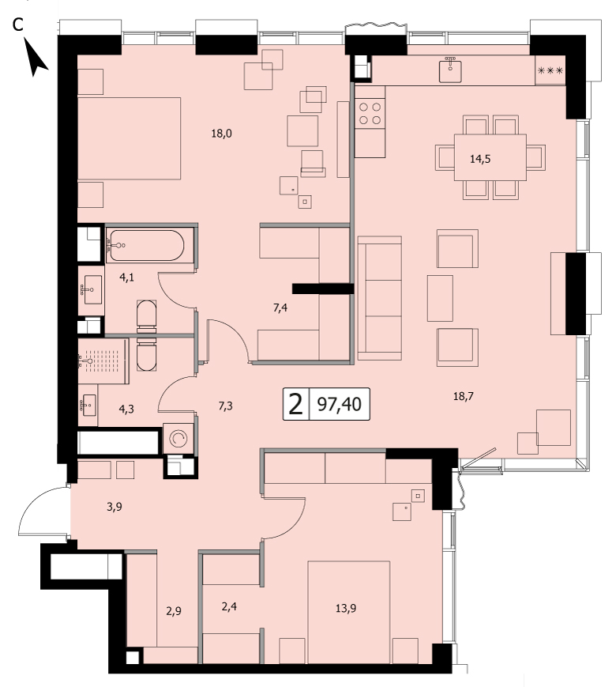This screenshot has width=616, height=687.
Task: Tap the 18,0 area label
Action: (222, 133)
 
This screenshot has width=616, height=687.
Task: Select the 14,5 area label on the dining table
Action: (480, 159)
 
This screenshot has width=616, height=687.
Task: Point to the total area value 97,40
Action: (340, 404)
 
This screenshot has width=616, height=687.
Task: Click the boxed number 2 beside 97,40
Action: (296, 404)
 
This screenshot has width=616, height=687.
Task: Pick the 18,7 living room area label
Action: (464, 396)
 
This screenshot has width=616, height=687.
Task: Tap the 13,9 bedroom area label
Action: (346, 608)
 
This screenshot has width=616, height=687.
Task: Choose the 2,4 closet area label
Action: (229, 606)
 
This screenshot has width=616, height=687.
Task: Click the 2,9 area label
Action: (174, 611)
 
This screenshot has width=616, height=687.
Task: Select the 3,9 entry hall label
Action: (115, 507)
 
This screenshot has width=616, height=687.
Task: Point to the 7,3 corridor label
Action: (226, 406)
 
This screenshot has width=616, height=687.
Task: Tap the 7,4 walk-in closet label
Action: (280, 308)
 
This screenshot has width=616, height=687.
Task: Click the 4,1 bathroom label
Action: (127, 277)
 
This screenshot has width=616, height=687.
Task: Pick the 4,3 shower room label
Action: (126, 410)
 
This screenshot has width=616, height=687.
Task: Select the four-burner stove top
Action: (370, 114)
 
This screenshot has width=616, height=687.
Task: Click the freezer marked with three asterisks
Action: (550, 70)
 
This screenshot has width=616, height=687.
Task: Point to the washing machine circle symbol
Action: (178, 438)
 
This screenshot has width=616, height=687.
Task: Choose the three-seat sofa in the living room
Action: (380, 298)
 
